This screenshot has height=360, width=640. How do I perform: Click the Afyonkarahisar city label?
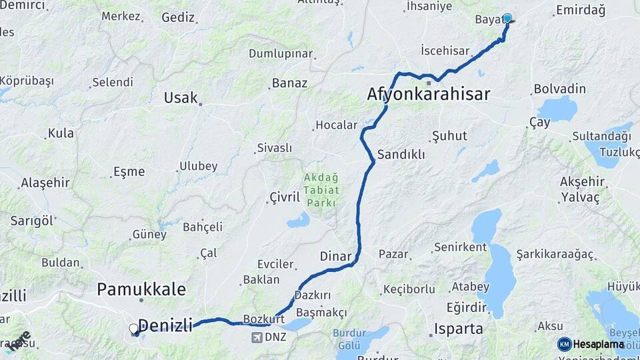coord(429,94)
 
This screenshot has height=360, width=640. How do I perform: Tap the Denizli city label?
coord(165,325)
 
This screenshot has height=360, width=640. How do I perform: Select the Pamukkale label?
coord(141,289)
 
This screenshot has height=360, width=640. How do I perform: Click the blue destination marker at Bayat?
coord(507,19)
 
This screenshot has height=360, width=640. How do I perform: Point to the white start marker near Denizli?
coord(133,329)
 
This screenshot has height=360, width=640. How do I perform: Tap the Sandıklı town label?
coord(401,154)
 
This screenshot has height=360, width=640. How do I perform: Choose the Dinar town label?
coord(335,255)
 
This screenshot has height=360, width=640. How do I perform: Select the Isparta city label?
coord(458,328)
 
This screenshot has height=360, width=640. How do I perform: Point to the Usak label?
coord(181,98)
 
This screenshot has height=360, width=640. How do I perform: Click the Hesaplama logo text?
coord(599,344)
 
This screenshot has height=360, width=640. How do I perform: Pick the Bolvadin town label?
coord(560,89)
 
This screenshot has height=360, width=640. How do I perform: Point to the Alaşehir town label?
coord(45,183)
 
